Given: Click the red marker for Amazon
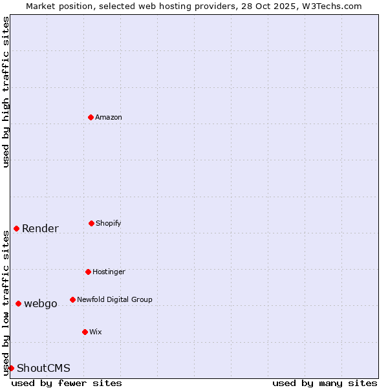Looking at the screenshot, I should pyautogui.click(x=91, y=117).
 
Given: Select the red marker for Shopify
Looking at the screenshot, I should pyautogui.click(x=91, y=223).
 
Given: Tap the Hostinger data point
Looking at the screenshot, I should pyautogui.click(x=88, y=272).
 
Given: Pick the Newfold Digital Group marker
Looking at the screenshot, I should pyautogui.click(x=72, y=299).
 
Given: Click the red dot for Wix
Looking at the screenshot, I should pyautogui.click(x=85, y=332).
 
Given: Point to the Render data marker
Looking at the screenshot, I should pyautogui.click(x=16, y=228).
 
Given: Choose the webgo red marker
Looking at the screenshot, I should pyautogui.click(x=18, y=303).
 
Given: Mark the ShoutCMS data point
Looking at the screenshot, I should pyautogui.click(x=11, y=368).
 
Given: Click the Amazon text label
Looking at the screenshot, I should pyautogui.click(x=109, y=117).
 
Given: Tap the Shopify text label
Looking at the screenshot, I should pyautogui.click(x=109, y=223).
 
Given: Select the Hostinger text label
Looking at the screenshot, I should pyautogui.click(x=109, y=272).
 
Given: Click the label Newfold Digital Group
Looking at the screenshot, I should pyautogui.click(x=114, y=299).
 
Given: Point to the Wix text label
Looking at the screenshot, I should pyautogui.click(x=96, y=332).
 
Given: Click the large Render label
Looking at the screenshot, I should pyautogui.click(x=40, y=228).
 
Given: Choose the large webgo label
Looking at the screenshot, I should pyautogui.click(x=41, y=303).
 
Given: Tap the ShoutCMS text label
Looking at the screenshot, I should pyautogui.click(x=43, y=368).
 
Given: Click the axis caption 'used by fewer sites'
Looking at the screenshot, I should pyautogui.click(x=67, y=383).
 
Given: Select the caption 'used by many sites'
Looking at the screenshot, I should pyautogui.click(x=325, y=383).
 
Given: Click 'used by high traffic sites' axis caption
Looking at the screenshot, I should pyautogui.click(x=6, y=92).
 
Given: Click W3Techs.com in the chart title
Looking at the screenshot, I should pyautogui.click(x=330, y=6).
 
